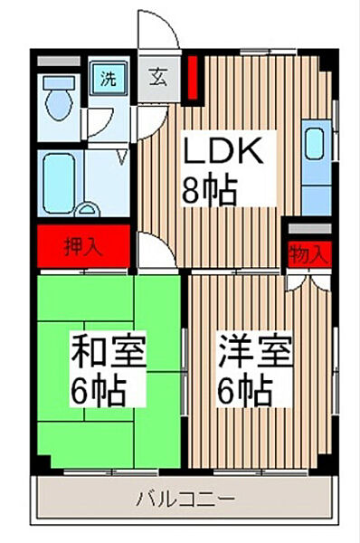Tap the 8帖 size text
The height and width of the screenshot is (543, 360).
point(211,191)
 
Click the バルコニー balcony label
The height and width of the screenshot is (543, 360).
point(186,499)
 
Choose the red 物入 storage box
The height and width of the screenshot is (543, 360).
point(308,254)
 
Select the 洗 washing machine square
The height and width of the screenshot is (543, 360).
point(108,78)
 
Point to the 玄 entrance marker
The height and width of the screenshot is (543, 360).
point(158,78)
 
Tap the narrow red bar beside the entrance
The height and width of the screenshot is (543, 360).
point(192,80)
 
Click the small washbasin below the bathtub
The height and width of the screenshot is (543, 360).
point(88,211)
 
